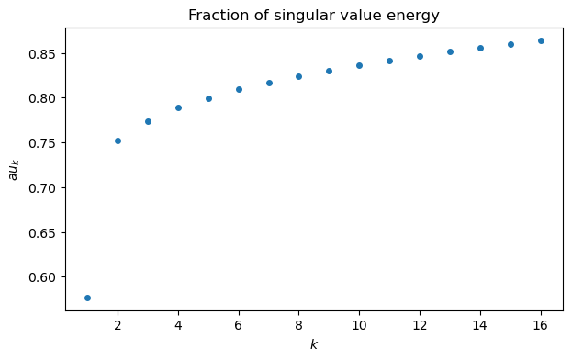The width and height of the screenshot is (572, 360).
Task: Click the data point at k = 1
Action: pyautogui.click(x=87, y=298)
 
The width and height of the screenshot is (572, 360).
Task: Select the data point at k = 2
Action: pyautogui.click(x=118, y=141)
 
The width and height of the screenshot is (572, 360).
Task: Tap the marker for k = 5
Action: pyautogui.click(x=208, y=98)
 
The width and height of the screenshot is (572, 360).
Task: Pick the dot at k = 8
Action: pyautogui.click(x=298, y=76)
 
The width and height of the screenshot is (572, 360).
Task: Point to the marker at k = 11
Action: pyautogui.click(x=389, y=61)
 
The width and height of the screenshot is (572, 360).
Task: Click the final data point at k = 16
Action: pyautogui.click(x=541, y=40)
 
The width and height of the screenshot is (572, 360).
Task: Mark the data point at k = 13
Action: pyautogui.click(x=450, y=51)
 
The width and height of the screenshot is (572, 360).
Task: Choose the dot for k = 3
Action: pyautogui.click(x=148, y=121)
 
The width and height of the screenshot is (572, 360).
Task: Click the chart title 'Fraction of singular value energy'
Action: pyautogui.click(x=314, y=15)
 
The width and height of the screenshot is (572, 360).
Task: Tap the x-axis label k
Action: pyautogui.click(x=314, y=345)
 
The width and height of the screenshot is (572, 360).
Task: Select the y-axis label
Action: pyautogui.click(x=14, y=168)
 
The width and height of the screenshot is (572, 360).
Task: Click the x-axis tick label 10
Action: pyautogui.click(x=359, y=325)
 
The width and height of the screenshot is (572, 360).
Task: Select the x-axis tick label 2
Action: pyautogui.click(x=118, y=325)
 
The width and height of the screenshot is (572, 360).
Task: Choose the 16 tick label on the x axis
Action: pyautogui.click(x=541, y=325)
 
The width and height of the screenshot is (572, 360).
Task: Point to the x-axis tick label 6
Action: pyautogui.click(x=239, y=325)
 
